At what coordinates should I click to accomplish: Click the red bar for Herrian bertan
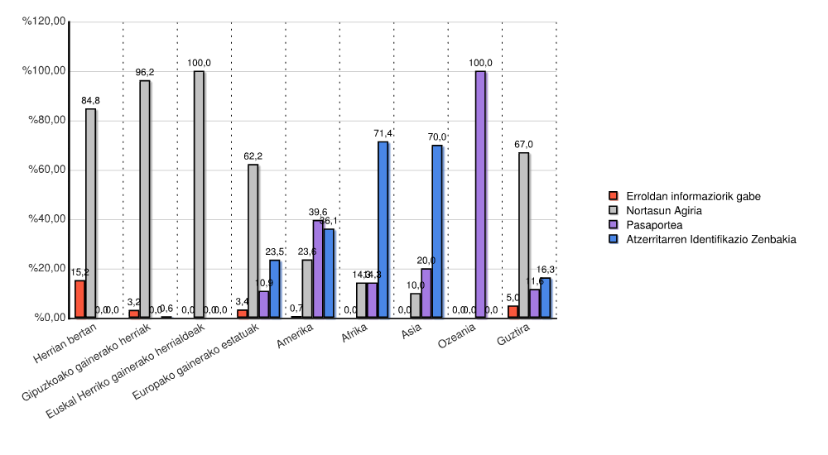(x=79, y=299)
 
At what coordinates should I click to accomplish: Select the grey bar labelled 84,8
(x=90, y=213)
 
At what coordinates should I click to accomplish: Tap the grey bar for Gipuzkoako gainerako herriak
(x=144, y=199)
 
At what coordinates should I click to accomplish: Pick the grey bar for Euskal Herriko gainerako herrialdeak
(x=199, y=194)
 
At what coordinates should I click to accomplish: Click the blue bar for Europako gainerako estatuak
(x=274, y=289)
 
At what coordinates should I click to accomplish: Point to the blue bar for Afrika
(x=383, y=229)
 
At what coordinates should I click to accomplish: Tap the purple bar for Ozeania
(x=480, y=194)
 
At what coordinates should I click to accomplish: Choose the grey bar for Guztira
(x=523, y=235)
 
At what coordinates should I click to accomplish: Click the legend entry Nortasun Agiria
(x=664, y=210)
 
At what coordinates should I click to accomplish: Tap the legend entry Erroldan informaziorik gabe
(x=693, y=196)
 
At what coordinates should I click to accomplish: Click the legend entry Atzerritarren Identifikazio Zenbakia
(x=710, y=239)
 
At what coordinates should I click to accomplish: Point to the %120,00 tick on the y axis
(x=46, y=22)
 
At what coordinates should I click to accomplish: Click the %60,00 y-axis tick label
(x=46, y=170)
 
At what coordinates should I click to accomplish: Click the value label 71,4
(x=383, y=133)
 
